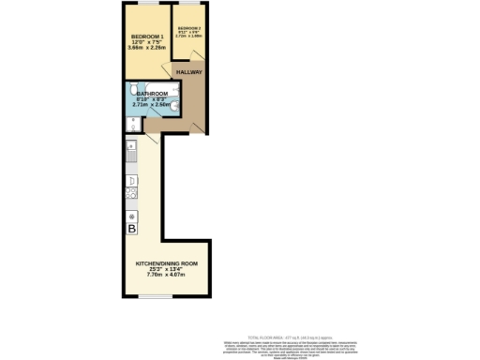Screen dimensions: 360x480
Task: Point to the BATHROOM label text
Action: tap(152, 94)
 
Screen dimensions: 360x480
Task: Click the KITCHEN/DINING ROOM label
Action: tap(164, 264)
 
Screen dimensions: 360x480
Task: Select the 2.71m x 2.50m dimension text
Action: tap(153, 105)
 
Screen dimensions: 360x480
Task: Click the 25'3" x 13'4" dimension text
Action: tap(164, 271)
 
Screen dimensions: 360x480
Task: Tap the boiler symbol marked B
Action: tap(131, 228)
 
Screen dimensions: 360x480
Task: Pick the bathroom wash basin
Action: tap(174, 107)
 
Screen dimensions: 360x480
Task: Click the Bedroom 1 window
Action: tap(144, 5)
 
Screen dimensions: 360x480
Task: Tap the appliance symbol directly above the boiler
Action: tap(131, 215)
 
